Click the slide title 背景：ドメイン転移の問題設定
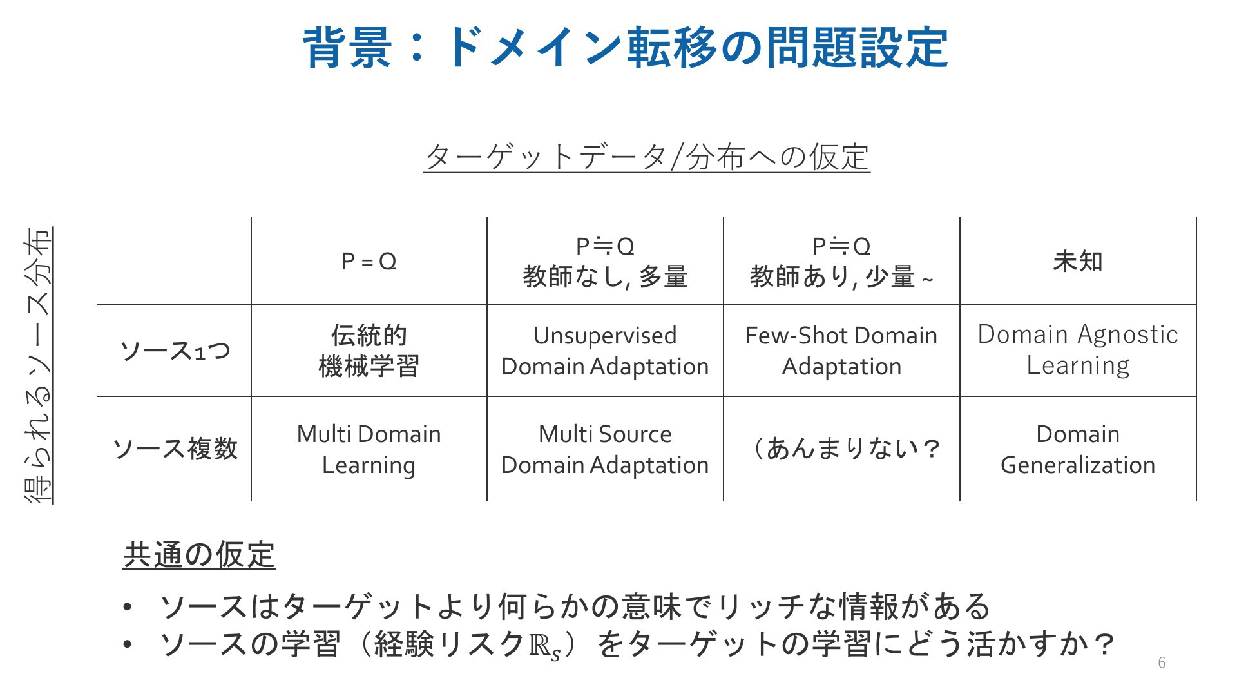[x=625, y=47]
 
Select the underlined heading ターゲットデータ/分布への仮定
[x=647, y=157]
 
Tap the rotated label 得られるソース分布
[x=38, y=365]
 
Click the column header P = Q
[x=369, y=261]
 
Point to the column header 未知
[x=1078, y=261]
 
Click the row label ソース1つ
[x=175, y=351]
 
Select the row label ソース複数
[x=175, y=449]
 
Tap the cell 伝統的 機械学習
[x=369, y=351]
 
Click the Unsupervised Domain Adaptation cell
[x=605, y=351]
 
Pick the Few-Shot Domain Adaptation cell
[x=841, y=351]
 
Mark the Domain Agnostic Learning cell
[x=1078, y=350]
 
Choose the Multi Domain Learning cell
[x=369, y=449]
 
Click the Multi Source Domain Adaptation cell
[x=605, y=449]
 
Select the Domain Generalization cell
[x=1078, y=449]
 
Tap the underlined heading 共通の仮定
[x=199, y=555]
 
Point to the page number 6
[x=1162, y=662]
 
